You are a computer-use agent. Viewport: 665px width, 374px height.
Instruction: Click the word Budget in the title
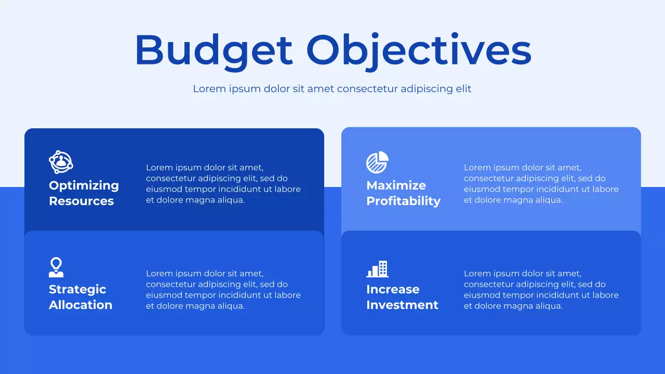tap(214, 50)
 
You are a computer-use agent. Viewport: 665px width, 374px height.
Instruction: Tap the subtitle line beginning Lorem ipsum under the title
tap(332, 89)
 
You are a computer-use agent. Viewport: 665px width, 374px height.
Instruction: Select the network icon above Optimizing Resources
tap(61, 162)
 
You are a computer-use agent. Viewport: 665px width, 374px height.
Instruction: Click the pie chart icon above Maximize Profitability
tap(377, 162)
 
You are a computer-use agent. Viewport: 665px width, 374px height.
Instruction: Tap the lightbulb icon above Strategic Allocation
tap(56, 267)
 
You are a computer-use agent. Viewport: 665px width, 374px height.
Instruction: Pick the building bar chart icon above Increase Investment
tap(377, 269)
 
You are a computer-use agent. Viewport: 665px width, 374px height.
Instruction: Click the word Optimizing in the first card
tap(84, 185)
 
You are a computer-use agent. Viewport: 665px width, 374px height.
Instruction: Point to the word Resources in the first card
tap(81, 201)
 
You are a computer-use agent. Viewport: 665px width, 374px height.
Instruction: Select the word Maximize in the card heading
tap(396, 185)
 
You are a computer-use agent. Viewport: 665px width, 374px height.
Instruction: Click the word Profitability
tap(403, 201)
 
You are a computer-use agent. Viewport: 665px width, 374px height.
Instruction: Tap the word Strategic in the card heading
tap(77, 289)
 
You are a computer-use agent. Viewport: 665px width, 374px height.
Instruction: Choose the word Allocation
tap(81, 305)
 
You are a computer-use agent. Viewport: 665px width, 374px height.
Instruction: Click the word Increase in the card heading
tap(392, 289)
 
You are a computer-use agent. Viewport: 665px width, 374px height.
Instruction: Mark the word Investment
tap(402, 305)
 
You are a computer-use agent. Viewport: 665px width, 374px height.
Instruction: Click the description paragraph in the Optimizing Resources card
tap(223, 184)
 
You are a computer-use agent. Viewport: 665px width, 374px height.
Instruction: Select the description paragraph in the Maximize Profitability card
tap(541, 184)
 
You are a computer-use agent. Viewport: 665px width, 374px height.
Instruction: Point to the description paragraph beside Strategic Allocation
tap(223, 290)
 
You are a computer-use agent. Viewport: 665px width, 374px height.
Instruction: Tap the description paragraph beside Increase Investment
tap(541, 290)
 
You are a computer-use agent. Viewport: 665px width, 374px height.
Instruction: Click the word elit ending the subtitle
tap(463, 89)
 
